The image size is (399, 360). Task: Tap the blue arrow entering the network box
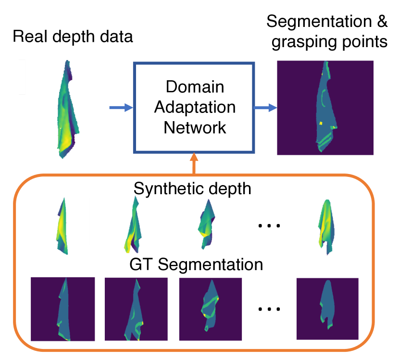coord(120,108)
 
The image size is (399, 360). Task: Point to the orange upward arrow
coord(194,163)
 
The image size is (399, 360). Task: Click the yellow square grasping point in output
coord(319,123)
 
